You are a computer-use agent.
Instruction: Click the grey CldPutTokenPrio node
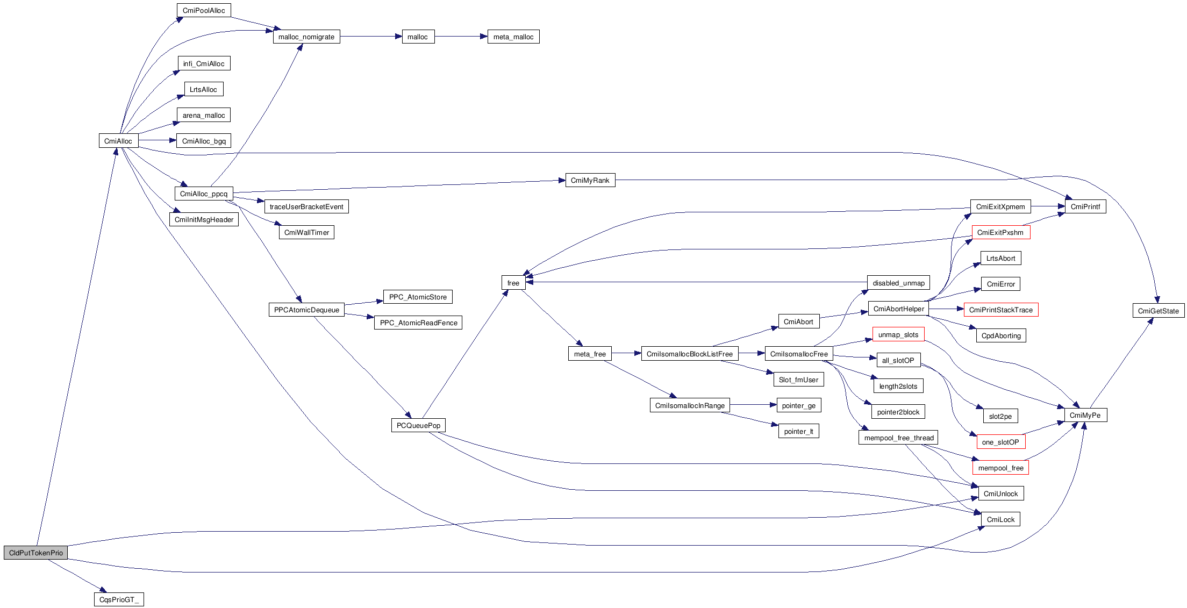(x=36, y=553)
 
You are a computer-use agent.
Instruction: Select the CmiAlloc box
(x=118, y=141)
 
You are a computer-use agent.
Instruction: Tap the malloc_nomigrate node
(x=306, y=37)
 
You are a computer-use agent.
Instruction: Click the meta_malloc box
(x=513, y=37)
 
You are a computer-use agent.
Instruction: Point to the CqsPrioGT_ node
(x=119, y=599)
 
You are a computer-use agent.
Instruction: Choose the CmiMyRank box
(x=590, y=180)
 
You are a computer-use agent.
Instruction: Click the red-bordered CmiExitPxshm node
(x=1000, y=232)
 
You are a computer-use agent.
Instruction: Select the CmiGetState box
(x=1158, y=311)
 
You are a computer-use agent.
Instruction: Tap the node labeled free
(x=513, y=283)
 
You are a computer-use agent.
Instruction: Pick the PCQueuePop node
(x=418, y=425)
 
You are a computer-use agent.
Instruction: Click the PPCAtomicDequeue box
(x=306, y=310)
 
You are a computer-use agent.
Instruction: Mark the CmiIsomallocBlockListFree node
(x=690, y=354)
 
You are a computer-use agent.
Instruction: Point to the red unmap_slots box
(x=898, y=334)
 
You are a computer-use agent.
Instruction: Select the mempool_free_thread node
(x=898, y=438)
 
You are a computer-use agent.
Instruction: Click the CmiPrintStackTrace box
(x=1000, y=310)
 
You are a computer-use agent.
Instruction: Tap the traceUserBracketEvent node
(x=306, y=206)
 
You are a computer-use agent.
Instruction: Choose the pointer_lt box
(x=798, y=431)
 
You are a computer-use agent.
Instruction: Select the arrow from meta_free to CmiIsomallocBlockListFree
(x=626, y=353)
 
